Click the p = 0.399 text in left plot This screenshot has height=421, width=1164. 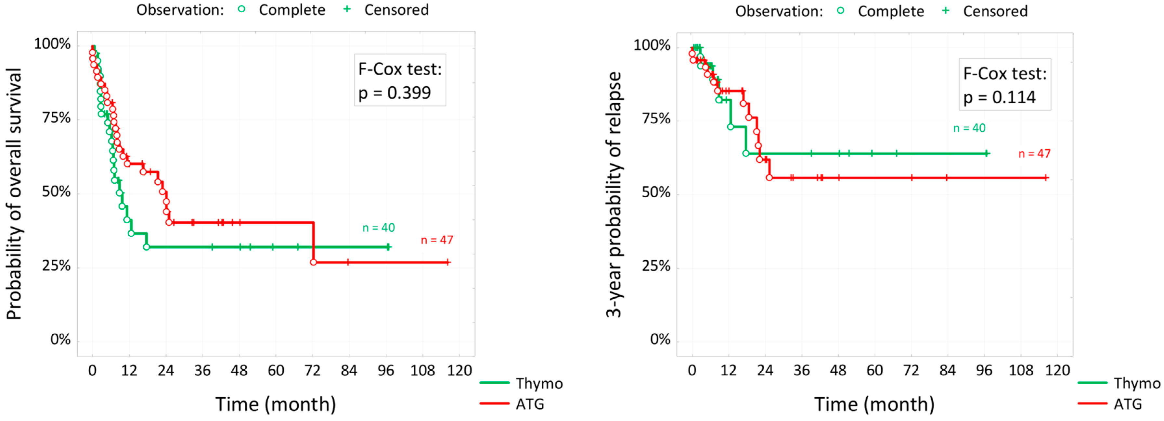coord(394,93)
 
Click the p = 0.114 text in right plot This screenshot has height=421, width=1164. coord(999,97)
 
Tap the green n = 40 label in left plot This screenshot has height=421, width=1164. coord(379,228)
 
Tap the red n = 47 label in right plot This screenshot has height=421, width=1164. coord(1034,154)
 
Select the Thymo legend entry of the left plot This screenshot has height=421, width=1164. coord(539,384)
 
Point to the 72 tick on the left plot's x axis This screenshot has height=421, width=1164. coord(313,371)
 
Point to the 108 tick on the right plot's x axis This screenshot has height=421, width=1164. coord(1021,371)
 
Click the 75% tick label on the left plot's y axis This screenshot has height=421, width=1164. coord(57,118)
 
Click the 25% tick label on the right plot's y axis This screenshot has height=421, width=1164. coord(656,267)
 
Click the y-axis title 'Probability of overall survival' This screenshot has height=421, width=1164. coord(14,194)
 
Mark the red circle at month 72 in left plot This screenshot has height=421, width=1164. coord(314,262)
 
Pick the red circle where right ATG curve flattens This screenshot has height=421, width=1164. coord(769,178)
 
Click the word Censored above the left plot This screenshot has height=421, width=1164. coord(396,10)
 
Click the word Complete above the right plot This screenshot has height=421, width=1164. coord(891,11)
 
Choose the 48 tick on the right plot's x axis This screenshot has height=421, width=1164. coord(838,371)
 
